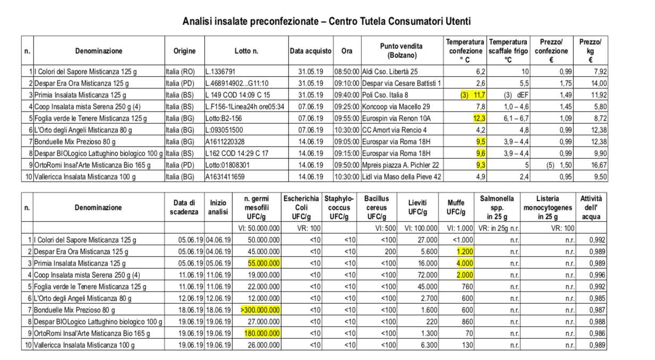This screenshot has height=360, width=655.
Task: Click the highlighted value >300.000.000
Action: tap(261, 310)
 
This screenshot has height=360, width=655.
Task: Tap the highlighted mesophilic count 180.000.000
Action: tap(262, 333)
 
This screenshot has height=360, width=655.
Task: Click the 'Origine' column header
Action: tap(184, 51)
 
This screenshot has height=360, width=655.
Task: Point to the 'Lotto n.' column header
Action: tap(246, 51)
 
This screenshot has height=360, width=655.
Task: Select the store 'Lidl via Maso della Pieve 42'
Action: tap(402, 177)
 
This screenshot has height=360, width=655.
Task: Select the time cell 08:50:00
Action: tap(347, 71)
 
